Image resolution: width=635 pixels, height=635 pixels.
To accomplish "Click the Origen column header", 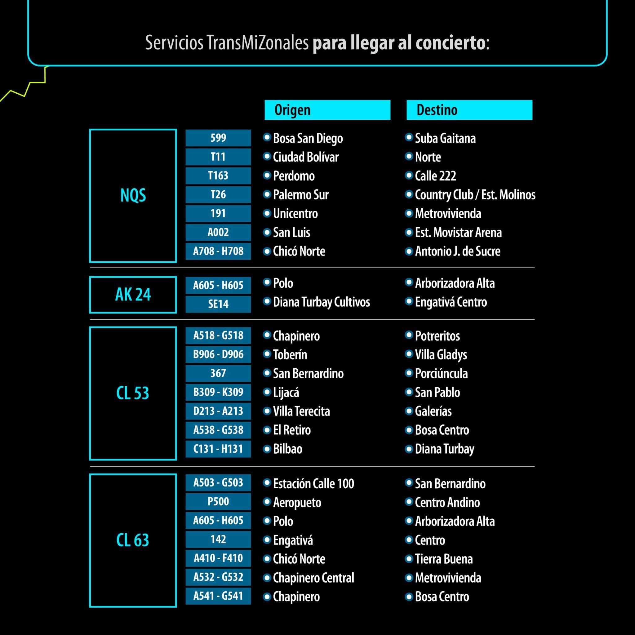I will [x=327, y=110].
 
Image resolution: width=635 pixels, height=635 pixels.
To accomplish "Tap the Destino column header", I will [x=469, y=110].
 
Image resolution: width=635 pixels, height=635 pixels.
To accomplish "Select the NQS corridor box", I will [x=133, y=196].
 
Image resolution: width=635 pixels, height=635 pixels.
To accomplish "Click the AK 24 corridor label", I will [x=133, y=295].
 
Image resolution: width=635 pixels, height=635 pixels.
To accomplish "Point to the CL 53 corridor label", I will [x=133, y=393].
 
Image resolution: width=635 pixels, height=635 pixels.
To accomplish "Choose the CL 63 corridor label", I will [x=133, y=540].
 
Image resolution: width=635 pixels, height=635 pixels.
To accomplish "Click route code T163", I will [x=218, y=175].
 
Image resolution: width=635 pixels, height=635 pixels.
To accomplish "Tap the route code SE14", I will [x=218, y=304].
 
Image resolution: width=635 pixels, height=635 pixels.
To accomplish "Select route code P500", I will [x=218, y=502].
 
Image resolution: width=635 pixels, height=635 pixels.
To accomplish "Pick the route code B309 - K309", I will [x=218, y=392].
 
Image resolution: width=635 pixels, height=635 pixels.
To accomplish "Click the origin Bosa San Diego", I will [x=308, y=138].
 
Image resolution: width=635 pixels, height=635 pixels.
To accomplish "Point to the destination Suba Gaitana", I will [x=445, y=138].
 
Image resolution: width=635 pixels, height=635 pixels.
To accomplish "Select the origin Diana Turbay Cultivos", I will [x=321, y=302].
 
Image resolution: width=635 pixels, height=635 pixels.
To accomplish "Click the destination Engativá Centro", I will [x=451, y=302].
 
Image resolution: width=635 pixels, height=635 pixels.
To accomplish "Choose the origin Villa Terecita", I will [x=301, y=411].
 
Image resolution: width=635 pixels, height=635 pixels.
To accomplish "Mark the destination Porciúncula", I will [x=441, y=374].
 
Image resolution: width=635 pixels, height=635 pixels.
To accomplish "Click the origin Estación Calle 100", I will [x=313, y=484].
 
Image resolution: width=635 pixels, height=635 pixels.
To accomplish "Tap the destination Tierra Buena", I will [x=444, y=559].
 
